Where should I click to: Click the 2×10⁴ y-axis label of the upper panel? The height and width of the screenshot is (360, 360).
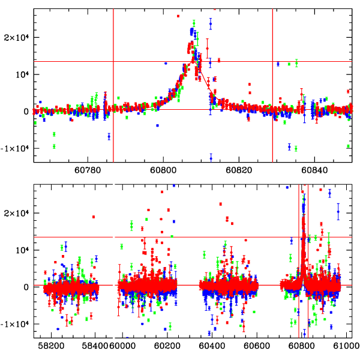(17, 37)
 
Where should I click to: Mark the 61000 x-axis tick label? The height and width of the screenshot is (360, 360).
(344, 346)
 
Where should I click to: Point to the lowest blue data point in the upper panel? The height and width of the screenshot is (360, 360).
(211, 158)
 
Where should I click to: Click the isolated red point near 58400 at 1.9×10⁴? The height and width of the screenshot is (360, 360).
(94, 217)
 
